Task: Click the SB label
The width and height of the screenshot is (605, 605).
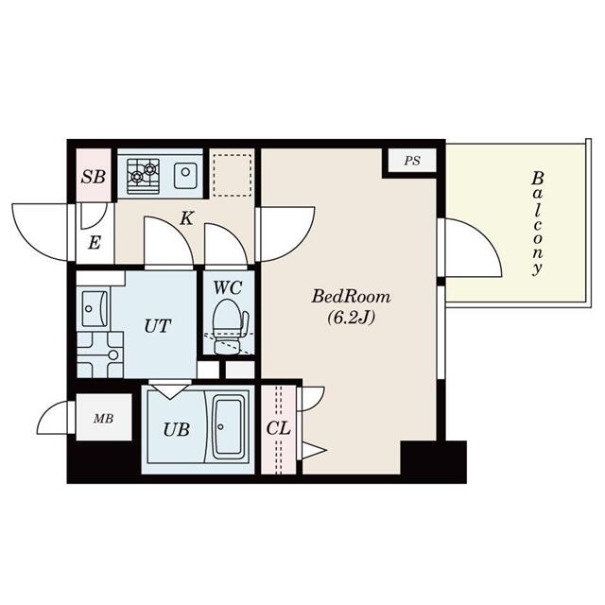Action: [x=94, y=177]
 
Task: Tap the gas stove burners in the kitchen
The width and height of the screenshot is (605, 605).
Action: [x=143, y=177]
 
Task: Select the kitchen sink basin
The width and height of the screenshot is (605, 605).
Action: [x=185, y=176]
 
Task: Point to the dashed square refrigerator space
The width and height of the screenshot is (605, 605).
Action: [x=233, y=175]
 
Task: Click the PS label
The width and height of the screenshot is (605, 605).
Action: [x=412, y=161]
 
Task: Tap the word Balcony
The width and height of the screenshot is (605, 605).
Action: [x=538, y=224]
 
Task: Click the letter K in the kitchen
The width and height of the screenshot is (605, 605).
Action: [x=187, y=218]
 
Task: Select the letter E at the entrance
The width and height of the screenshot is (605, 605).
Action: [x=95, y=243]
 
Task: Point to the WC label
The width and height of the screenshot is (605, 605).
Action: [x=228, y=287]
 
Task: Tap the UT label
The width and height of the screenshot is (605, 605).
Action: [x=158, y=326]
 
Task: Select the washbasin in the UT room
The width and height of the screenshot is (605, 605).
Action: [x=95, y=309]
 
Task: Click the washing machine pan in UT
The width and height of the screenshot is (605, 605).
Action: [x=100, y=355]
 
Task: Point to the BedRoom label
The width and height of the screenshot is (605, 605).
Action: [x=351, y=297]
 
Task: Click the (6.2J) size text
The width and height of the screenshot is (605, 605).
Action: [x=351, y=318]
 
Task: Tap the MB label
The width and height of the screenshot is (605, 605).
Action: [x=104, y=418]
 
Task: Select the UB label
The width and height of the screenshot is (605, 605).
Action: [x=177, y=429]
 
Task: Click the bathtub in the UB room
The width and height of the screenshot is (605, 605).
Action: [x=229, y=426]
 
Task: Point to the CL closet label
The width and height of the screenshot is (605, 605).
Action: [x=278, y=428]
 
